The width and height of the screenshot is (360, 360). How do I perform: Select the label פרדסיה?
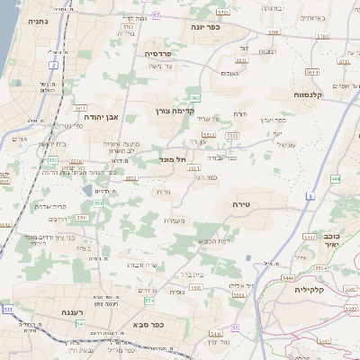tap(164, 53)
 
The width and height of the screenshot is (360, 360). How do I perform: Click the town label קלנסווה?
tap(310, 94)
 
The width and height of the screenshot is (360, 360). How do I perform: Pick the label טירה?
tap(247, 204)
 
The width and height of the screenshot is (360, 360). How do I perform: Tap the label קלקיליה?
tap(316, 290)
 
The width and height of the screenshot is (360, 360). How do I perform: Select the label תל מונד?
tap(168, 158)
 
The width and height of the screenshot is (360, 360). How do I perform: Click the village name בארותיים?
tap(312, 17)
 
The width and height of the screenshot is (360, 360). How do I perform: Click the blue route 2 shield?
tap(54, 66)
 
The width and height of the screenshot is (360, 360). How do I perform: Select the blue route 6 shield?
tap(310, 196)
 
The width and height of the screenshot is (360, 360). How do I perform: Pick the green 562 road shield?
tap(195, 97)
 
